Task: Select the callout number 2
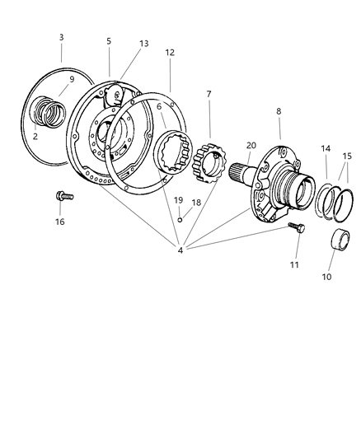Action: (35, 136)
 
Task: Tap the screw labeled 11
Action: (295, 228)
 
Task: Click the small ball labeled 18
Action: (180, 218)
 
